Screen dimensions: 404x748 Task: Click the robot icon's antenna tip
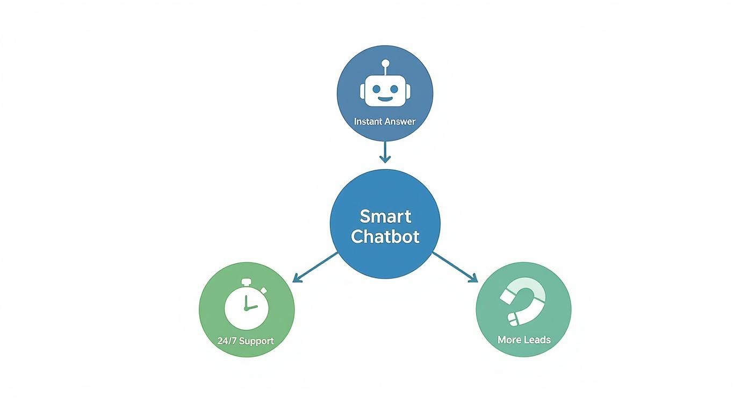(x=385, y=62)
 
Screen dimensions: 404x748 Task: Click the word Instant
(x=369, y=121)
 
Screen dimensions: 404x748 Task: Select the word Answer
(x=400, y=121)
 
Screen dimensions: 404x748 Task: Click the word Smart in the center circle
(x=385, y=217)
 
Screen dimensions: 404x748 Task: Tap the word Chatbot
(x=385, y=236)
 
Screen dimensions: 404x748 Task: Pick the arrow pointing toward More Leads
(x=455, y=266)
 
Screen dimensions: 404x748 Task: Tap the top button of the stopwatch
(x=246, y=282)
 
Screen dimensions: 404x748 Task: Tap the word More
(x=508, y=340)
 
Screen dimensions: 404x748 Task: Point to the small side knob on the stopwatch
(x=264, y=290)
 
